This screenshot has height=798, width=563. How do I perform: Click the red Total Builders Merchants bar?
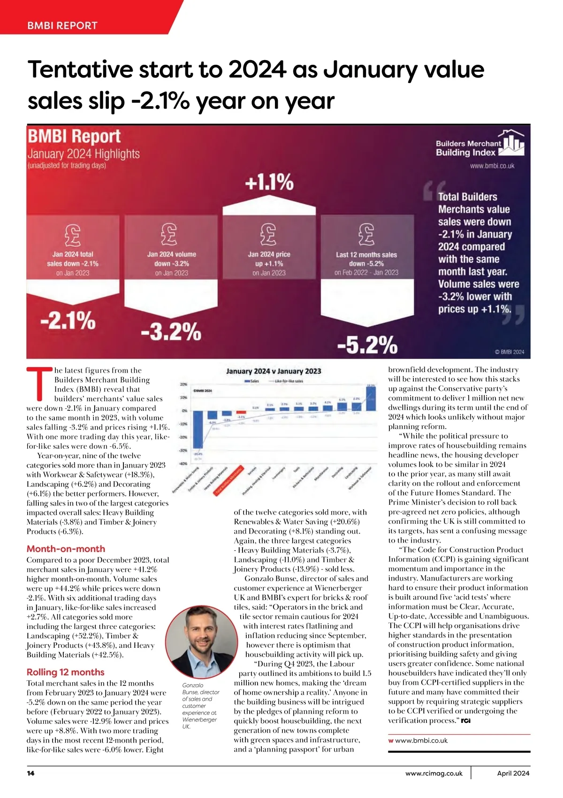pos(241,412)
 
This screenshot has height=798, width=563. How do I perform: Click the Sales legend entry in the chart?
pos(252,381)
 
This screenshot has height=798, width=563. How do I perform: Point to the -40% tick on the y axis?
pos(183,464)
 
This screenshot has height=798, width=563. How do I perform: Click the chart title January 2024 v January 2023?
pos(274,371)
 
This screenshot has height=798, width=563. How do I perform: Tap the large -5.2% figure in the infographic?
pos(367,345)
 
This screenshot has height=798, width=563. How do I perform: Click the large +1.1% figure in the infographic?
pos(269,182)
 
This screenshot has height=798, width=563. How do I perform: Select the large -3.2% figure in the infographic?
pos(171,332)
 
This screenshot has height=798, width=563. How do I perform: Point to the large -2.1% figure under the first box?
pos(68,321)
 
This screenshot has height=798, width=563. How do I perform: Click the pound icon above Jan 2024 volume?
pos(169,234)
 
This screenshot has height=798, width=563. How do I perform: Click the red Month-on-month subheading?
pos(66,549)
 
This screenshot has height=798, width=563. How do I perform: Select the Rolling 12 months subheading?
pos(65,672)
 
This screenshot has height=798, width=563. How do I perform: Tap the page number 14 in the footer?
pos(31,773)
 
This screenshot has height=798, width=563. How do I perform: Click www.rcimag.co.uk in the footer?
pos(434,773)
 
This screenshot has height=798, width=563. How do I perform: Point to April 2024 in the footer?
pos(513,773)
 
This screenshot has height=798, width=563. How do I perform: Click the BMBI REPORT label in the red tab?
pos(62,25)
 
